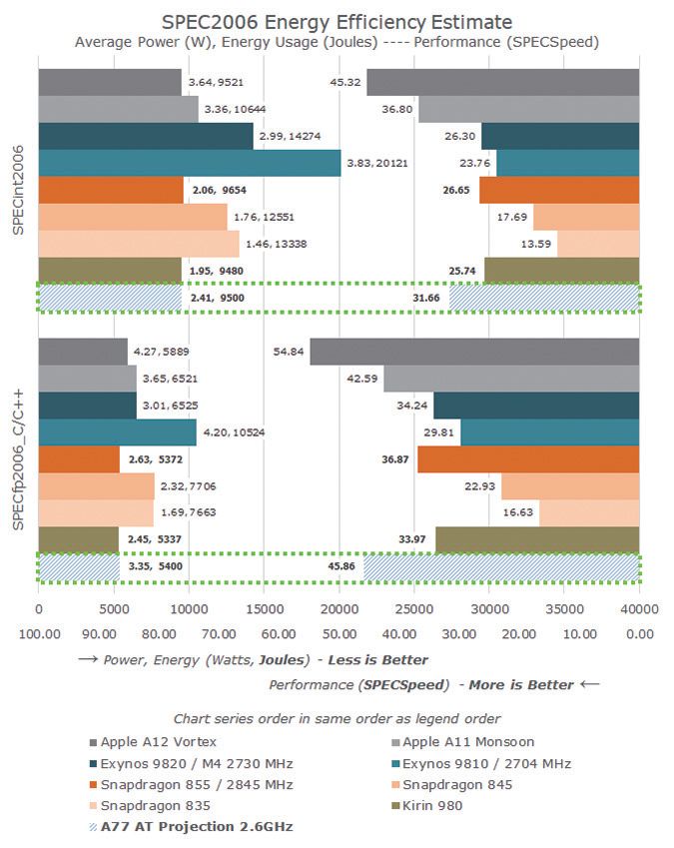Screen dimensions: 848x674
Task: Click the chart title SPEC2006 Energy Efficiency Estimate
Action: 337,22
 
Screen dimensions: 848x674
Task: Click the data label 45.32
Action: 346,82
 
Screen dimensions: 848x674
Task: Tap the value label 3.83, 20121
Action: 376,163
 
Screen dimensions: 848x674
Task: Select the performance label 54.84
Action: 290,352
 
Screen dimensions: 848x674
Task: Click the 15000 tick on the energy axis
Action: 263,606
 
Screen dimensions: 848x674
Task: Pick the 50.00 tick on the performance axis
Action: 338,633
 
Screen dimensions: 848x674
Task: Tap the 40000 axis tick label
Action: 638,606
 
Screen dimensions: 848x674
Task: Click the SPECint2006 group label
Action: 19,190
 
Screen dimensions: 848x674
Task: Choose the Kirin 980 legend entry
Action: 429,805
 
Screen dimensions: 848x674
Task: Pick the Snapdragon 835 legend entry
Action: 147,805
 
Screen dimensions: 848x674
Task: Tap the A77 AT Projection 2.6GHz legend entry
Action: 190,826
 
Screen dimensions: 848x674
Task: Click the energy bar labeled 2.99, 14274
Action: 145,136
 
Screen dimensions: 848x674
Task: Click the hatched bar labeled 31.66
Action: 543,297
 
